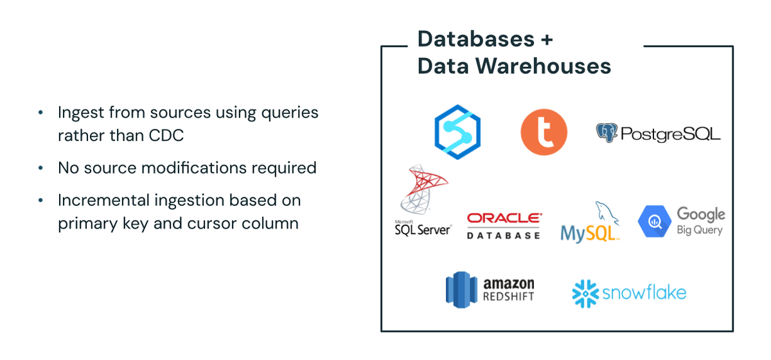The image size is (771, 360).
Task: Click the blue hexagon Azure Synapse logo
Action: [457, 131]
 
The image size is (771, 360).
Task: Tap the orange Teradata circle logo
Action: [544, 132]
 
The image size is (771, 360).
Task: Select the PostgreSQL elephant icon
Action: [607, 132]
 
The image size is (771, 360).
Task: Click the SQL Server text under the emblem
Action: [423, 229]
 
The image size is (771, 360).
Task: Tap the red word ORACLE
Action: [504, 219]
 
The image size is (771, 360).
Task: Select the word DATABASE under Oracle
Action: [504, 235]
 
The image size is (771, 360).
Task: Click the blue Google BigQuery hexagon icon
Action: [654, 221]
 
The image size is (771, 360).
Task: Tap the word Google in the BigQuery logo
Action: [701, 214]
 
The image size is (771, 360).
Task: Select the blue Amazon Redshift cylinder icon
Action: [459, 289]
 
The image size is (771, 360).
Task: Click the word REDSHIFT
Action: [509, 296]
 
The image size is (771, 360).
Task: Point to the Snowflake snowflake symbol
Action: [585, 293]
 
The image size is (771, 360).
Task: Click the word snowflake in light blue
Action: [644, 293]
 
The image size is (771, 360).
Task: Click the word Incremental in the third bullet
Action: [103, 200]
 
